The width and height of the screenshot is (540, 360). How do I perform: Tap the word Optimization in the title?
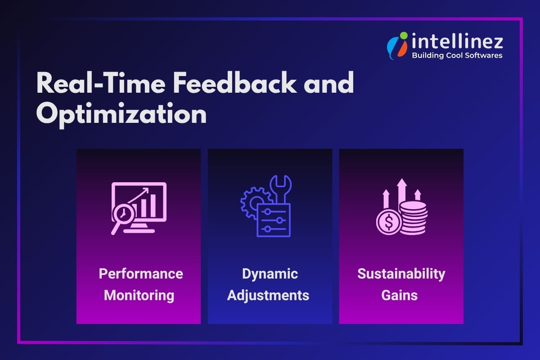tap(121, 114)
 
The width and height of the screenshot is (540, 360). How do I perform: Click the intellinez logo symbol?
tap(397, 45)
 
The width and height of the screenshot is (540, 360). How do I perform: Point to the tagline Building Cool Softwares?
tap(457, 55)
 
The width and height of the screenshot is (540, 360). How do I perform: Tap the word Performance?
tap(141, 274)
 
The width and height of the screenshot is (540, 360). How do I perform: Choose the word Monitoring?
tap(139, 296)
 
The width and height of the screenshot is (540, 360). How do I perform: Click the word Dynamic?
tap(270, 274)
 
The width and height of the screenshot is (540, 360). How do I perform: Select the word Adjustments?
tap(268, 296)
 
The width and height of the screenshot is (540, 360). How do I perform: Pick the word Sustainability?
tap(401, 274)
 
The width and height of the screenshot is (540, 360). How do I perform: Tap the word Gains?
tap(400, 296)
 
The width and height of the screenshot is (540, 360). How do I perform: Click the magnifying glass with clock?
tap(123, 216)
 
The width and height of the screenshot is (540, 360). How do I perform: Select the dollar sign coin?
tap(388, 222)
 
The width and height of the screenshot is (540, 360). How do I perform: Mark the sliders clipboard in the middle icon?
tap(274, 220)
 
